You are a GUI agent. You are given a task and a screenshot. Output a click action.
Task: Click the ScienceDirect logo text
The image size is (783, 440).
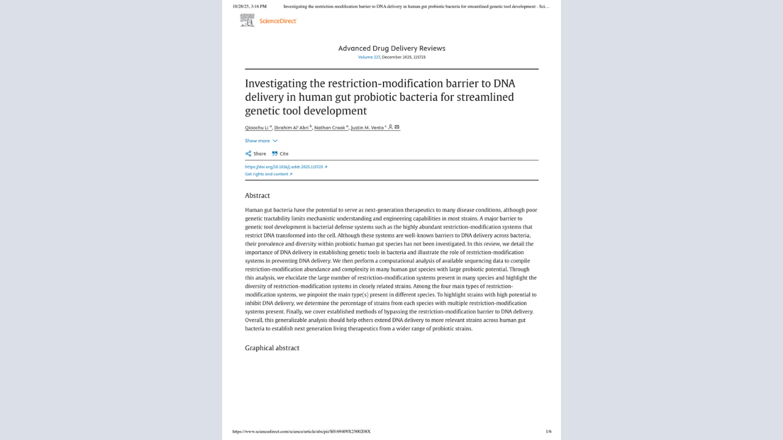(278, 21)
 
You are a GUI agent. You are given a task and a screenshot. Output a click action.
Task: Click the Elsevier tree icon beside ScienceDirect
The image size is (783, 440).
(247, 21)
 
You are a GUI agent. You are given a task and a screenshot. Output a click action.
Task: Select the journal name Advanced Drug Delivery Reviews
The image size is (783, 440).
(391, 48)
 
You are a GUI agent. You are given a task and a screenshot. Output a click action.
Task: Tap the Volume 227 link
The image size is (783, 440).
(369, 57)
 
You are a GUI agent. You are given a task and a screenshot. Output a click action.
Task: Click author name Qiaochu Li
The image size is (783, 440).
(257, 128)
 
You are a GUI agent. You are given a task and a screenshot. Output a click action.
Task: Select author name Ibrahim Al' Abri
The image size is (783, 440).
(291, 128)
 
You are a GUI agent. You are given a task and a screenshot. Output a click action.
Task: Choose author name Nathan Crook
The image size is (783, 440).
(330, 128)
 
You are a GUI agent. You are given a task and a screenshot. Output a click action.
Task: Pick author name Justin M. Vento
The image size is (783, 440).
(367, 128)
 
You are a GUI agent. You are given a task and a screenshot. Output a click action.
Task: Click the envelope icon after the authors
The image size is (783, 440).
(397, 127)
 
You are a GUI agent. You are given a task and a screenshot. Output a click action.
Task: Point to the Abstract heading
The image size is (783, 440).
(258, 196)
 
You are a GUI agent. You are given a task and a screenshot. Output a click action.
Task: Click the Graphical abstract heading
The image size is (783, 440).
(272, 348)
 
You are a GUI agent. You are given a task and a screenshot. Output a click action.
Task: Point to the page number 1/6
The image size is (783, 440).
(548, 431)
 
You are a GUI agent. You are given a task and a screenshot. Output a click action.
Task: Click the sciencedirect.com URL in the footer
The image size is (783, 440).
(301, 431)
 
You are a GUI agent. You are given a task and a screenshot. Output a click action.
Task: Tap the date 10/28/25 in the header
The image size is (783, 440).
(240, 6)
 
